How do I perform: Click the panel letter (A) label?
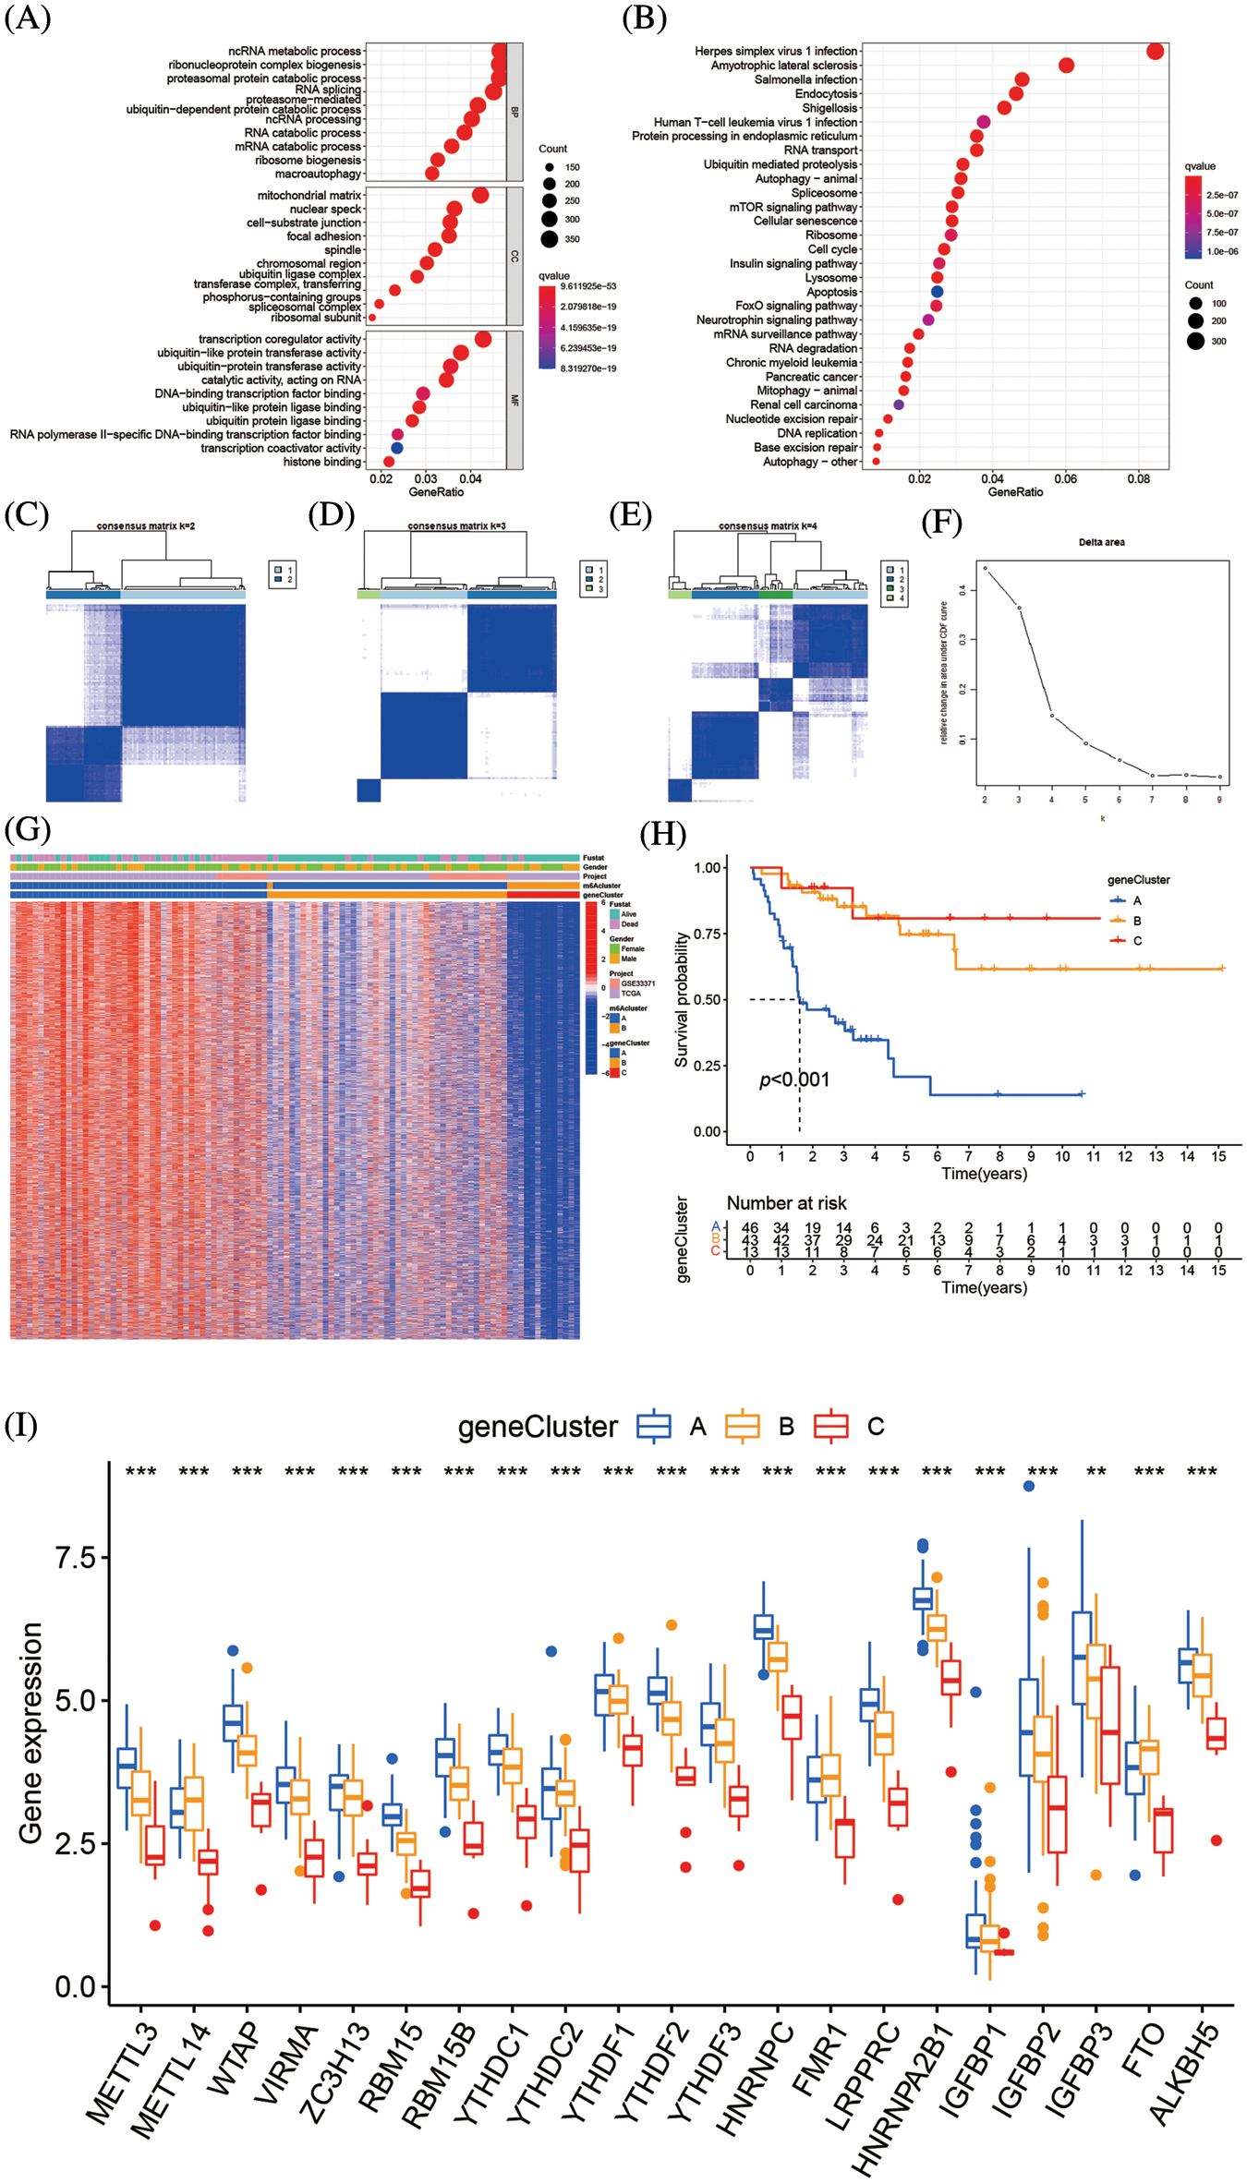[x=28, y=18]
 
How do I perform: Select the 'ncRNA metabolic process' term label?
[x=295, y=52]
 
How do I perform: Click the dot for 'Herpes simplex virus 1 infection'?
[x=1155, y=51]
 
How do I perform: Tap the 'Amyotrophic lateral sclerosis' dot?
[x=1066, y=66]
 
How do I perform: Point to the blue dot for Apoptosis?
[x=938, y=292]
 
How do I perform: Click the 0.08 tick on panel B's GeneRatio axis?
[x=1138, y=478]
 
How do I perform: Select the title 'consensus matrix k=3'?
[x=456, y=526]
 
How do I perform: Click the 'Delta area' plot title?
[x=1101, y=542]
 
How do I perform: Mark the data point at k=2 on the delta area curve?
[x=985, y=569]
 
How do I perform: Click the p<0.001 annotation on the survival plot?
[x=794, y=1079]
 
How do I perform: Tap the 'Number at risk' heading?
[x=786, y=1203]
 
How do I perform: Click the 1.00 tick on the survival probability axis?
[x=708, y=868]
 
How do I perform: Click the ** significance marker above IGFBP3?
[x=1096, y=1472]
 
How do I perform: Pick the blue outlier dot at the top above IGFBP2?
[x=1029, y=1486]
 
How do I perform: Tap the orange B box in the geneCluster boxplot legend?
[x=742, y=1426]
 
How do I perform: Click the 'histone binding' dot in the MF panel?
[x=389, y=462]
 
